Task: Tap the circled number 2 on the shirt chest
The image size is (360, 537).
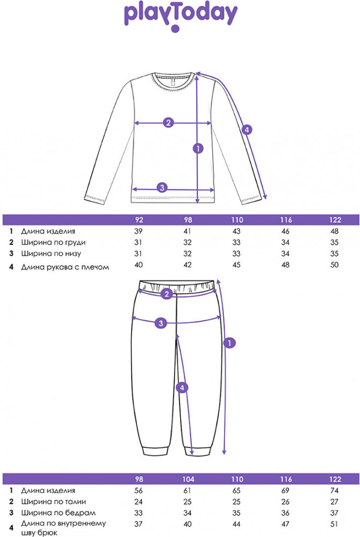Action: click(168, 122)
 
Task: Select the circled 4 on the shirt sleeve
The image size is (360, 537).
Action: click(247, 129)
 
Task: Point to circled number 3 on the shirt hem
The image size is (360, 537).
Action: click(162, 187)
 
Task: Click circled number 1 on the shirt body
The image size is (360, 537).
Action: click(198, 149)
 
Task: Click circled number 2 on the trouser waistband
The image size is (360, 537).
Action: click(167, 294)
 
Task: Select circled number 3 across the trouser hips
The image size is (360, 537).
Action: click(160, 323)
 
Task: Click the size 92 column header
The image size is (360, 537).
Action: click(140, 220)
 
